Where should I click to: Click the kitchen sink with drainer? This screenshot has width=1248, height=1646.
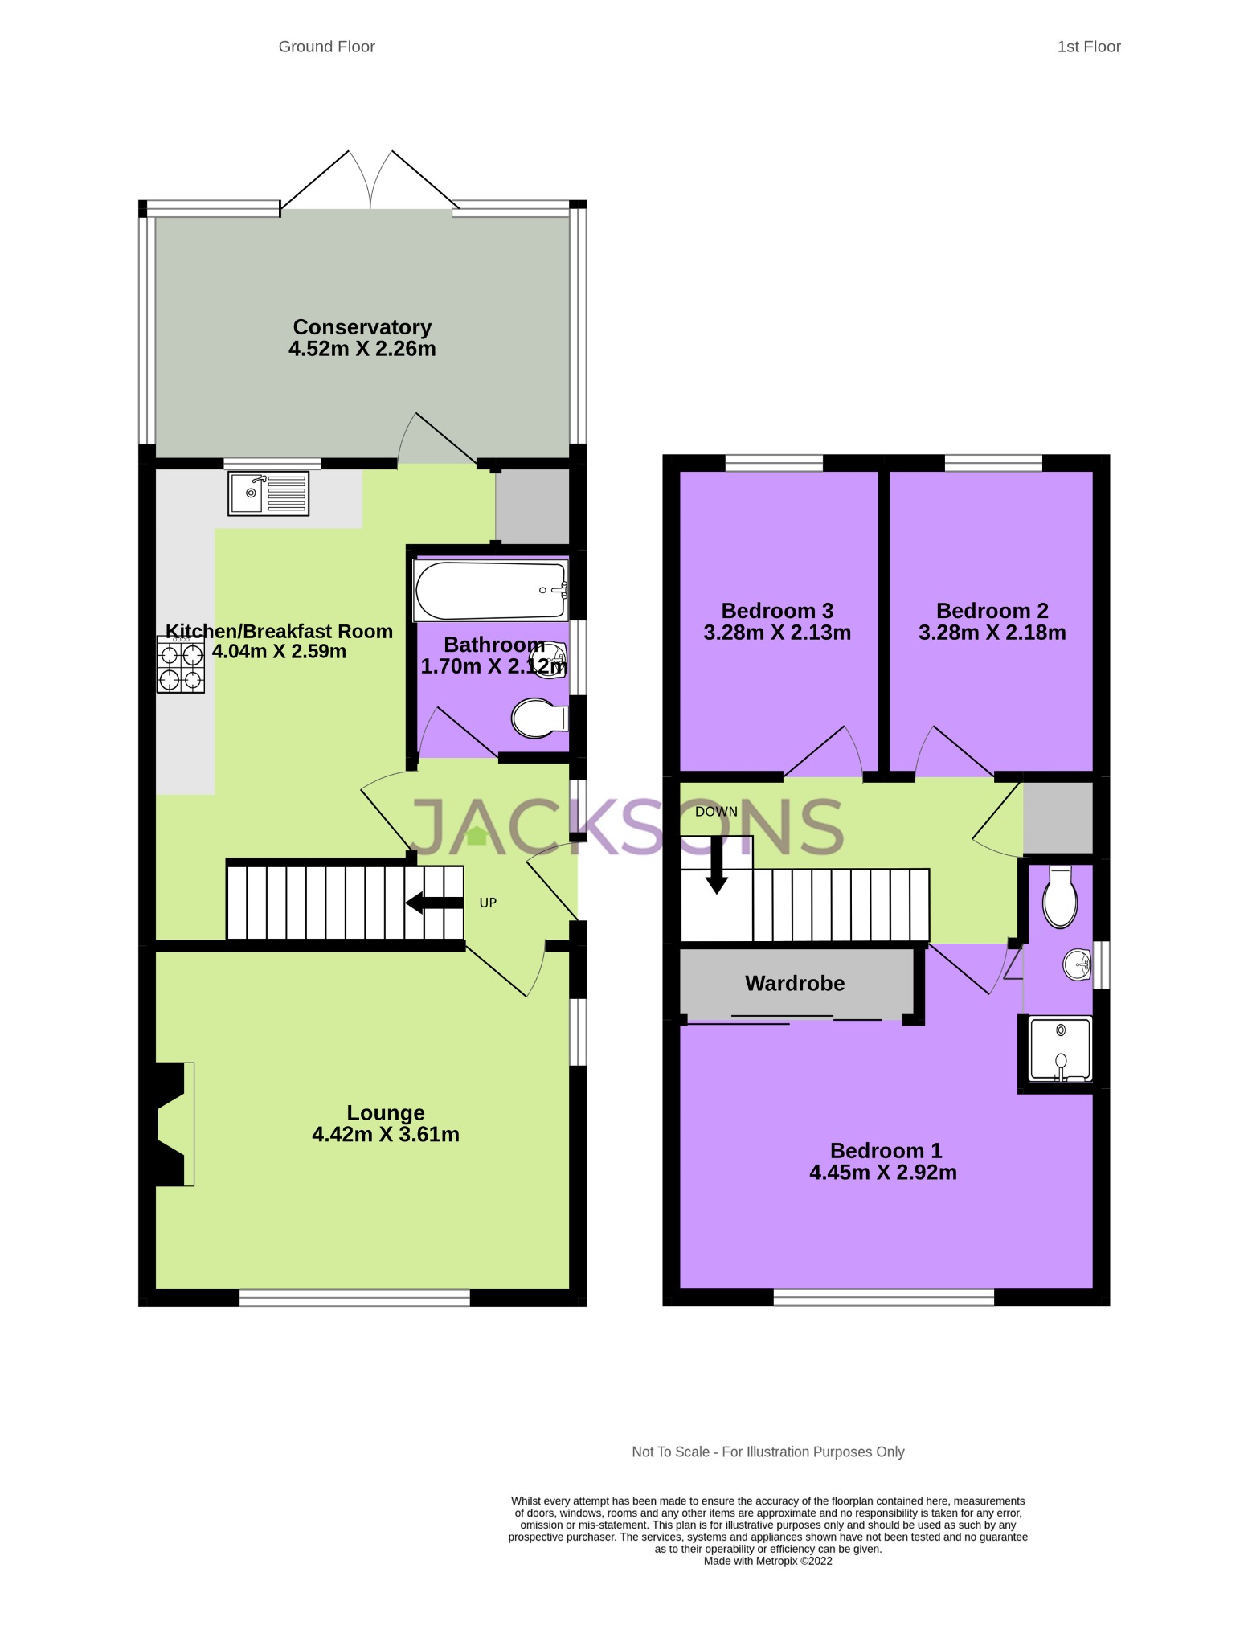click(268, 493)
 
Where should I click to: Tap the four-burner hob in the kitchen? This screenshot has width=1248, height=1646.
click(181, 665)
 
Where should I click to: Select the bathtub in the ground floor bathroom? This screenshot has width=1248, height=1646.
click(490, 591)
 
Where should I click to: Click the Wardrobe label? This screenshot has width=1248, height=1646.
click(795, 983)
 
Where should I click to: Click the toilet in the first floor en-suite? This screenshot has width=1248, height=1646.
click(1060, 899)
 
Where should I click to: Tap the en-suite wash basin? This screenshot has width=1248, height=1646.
click(1077, 964)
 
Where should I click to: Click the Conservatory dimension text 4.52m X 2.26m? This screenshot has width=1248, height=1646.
click(362, 349)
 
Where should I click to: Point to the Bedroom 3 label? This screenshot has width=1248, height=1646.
click(777, 611)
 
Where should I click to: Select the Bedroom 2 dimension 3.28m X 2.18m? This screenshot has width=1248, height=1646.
click(992, 633)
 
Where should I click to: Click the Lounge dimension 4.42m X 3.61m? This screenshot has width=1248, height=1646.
click(386, 1134)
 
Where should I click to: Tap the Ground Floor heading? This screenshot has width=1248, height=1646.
click(327, 47)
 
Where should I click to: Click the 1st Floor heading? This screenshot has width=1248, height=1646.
click(1088, 47)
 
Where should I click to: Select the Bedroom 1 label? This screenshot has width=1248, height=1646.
click(886, 1151)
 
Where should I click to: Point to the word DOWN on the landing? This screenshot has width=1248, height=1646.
click(716, 812)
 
